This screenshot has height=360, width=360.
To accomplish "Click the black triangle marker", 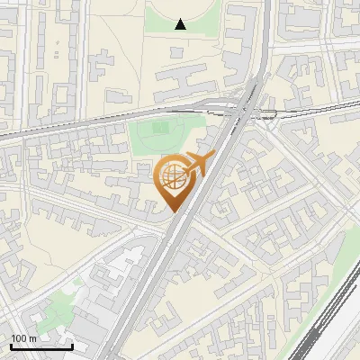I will point(181,24).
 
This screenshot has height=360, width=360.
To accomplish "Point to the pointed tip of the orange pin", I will point(171,211).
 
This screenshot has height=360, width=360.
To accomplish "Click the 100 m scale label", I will point(23,338).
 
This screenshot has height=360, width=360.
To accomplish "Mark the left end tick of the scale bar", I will point(11,346).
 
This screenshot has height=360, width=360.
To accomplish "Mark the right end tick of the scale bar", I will point(72,346).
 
